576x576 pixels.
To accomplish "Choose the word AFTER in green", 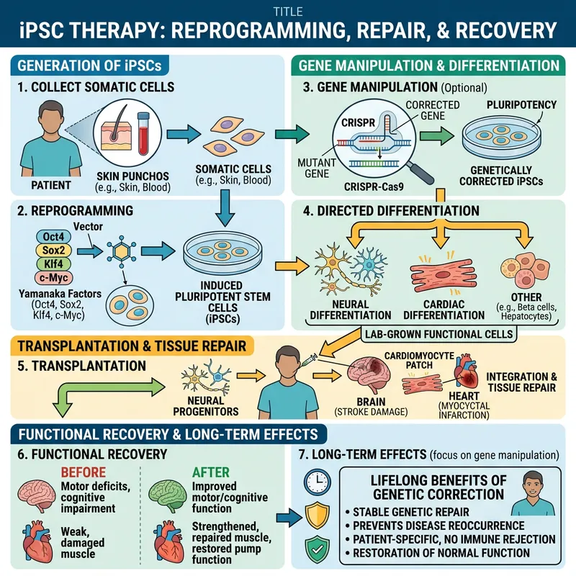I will pyautogui.click(x=212, y=472).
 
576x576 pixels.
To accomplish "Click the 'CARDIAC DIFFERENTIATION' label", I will pyautogui.click(x=444, y=309).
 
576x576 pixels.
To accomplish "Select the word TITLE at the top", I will pyautogui.click(x=288, y=11).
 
